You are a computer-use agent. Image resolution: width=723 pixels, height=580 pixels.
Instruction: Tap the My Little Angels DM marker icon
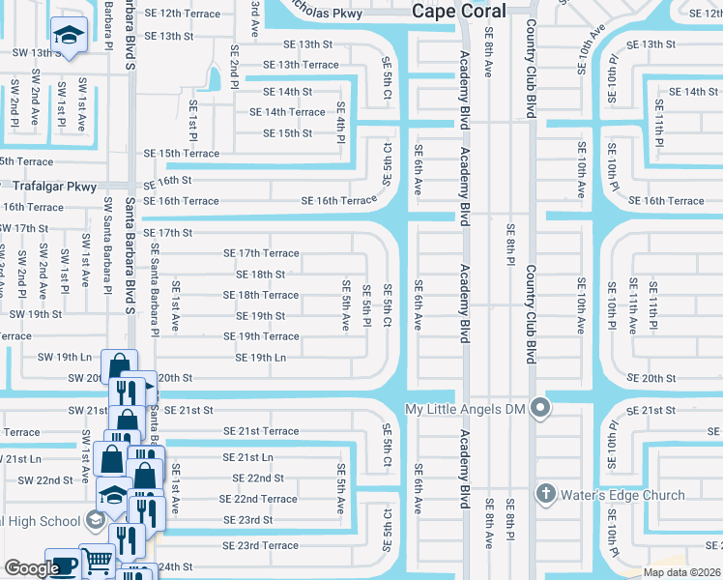click(x=542, y=409)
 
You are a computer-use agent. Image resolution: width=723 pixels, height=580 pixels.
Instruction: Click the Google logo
click(x=32, y=568)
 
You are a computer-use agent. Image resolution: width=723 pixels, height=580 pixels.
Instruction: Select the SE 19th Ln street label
click(x=261, y=358)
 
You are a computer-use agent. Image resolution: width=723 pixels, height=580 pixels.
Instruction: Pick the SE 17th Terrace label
click(x=261, y=253)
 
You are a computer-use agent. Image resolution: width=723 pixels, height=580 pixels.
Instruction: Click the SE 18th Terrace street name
click(x=261, y=295)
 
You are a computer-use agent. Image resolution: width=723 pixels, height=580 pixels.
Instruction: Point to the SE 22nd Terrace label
click(x=258, y=499)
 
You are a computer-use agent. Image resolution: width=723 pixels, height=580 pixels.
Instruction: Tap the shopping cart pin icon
click(x=97, y=560)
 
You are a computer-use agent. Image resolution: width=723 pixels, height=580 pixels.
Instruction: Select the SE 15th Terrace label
click(x=181, y=153)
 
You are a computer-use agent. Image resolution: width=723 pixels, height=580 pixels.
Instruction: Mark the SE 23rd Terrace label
click(x=261, y=545)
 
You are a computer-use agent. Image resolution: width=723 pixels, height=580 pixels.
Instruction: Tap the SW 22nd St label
click(x=44, y=479)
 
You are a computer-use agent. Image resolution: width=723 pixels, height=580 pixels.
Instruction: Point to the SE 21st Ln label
click(x=248, y=457)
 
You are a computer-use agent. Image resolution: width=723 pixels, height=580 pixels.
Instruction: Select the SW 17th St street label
click(x=24, y=228)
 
